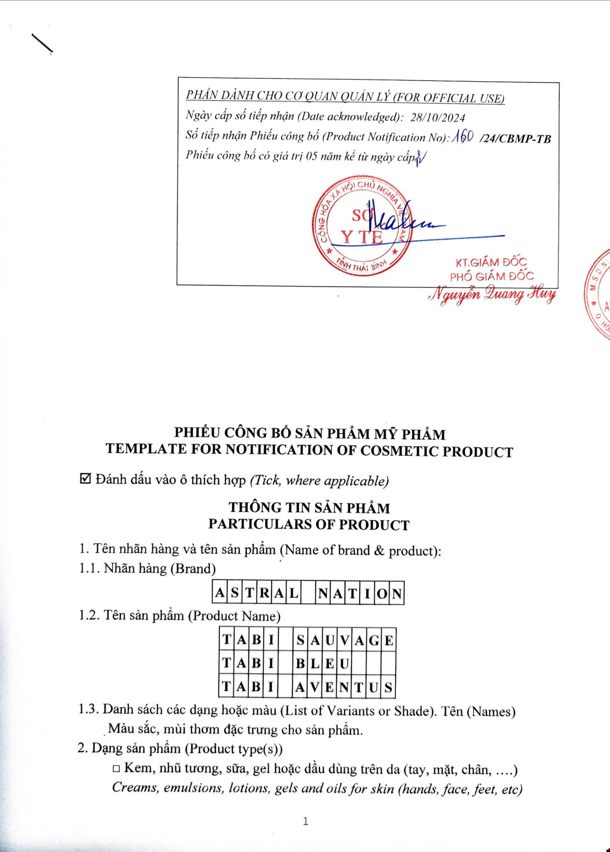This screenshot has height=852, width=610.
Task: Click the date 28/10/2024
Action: [x=438, y=118]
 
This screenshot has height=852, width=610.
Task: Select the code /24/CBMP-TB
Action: [x=515, y=139]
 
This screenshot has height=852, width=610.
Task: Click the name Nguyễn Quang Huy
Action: [x=492, y=295]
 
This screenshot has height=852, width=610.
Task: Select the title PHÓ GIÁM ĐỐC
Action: [x=492, y=276]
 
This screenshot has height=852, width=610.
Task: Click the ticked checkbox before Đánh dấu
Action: [x=86, y=479]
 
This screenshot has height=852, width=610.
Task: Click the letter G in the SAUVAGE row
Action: [x=374, y=640]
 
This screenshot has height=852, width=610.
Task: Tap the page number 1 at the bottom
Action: [x=305, y=822]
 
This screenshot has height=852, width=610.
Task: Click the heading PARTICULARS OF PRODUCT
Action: [x=309, y=525]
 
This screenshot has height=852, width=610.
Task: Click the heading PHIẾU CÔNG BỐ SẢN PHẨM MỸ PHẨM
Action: [x=310, y=434]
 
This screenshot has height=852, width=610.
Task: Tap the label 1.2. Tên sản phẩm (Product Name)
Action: [x=179, y=616]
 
